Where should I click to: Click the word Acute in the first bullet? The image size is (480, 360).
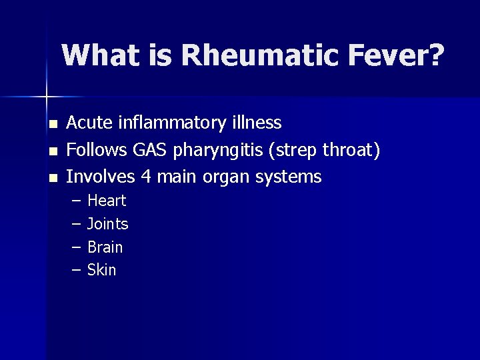[x=91, y=123]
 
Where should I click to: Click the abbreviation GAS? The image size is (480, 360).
[x=151, y=150]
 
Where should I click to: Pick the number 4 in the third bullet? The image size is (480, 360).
[x=145, y=177]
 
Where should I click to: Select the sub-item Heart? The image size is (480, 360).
[x=107, y=201]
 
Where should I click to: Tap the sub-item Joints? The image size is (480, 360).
[x=107, y=224]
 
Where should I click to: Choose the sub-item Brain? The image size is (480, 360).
[x=105, y=247]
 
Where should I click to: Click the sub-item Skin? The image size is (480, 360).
[x=101, y=270]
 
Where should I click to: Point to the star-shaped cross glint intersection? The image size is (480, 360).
[x=46, y=97]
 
